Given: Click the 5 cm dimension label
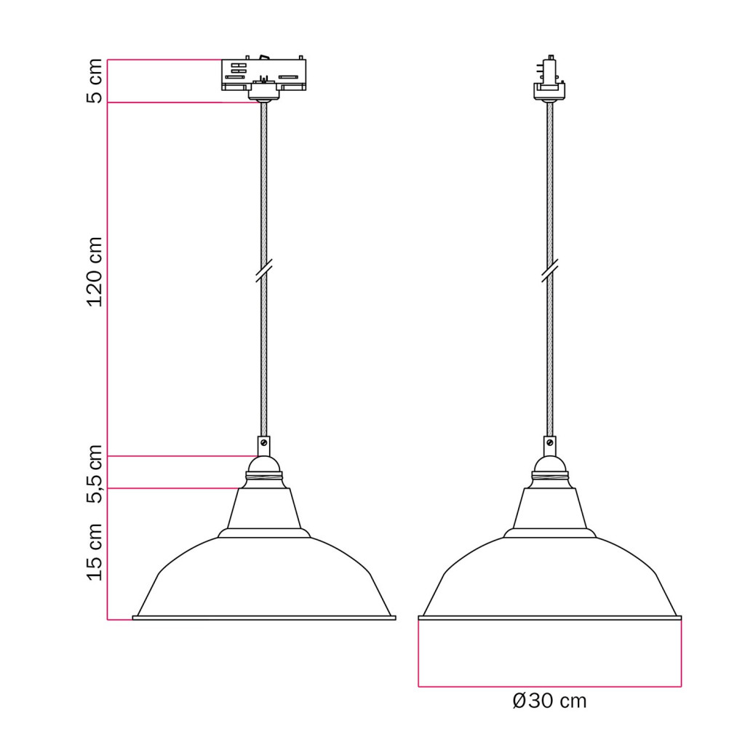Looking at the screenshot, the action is (94, 81).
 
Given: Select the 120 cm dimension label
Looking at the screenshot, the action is (94, 272).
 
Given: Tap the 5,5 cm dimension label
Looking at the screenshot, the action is (94, 474).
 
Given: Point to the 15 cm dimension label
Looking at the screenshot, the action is (94, 551).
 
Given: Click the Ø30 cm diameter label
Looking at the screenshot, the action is (550, 701).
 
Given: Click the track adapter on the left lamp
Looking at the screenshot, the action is (263, 79).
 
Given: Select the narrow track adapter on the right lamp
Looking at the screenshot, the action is (550, 79).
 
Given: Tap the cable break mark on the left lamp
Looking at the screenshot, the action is (263, 271).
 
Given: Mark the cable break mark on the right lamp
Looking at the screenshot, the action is (550, 271).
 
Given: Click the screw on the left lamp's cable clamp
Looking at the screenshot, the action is (264, 443).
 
